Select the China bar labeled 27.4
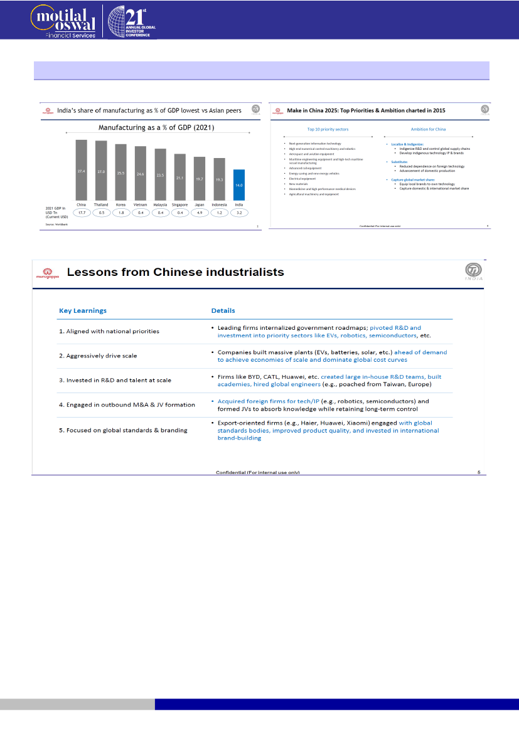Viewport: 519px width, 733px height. point(82,170)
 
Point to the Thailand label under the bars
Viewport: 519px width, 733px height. point(101,204)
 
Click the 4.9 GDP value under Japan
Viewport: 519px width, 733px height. point(200,213)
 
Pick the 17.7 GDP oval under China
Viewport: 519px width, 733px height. point(82,213)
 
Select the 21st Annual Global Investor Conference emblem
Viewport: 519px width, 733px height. point(132,21)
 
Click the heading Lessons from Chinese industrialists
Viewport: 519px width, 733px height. point(175,272)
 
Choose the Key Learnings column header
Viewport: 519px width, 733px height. point(83,310)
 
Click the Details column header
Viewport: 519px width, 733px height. point(223,310)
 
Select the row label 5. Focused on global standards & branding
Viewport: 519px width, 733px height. point(123,430)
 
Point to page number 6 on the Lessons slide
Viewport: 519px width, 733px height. point(478,472)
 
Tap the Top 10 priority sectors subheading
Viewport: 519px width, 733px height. point(328,129)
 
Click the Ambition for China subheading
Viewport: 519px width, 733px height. point(428,129)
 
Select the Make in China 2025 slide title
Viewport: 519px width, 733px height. point(366,110)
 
